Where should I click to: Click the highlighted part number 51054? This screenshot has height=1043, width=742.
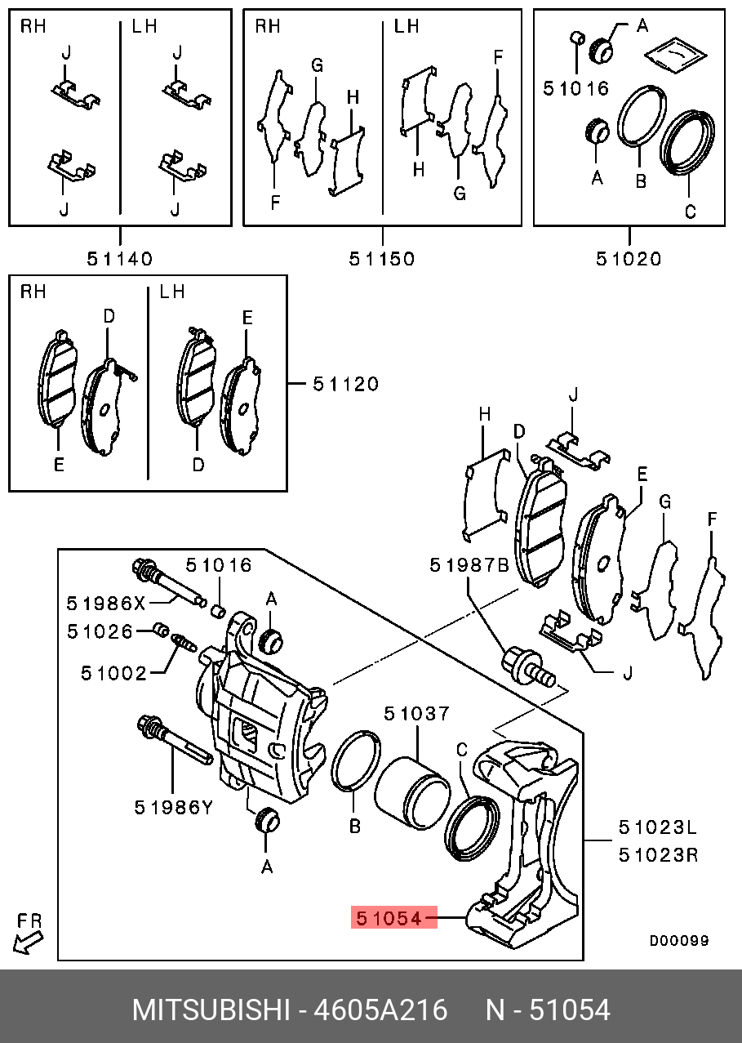click(x=389, y=918)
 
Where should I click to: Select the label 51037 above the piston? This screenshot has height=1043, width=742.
click(x=416, y=713)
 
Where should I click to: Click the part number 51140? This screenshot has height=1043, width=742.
click(x=120, y=258)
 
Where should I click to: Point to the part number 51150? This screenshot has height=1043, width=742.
click(x=382, y=258)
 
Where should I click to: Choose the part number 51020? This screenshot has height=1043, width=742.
click(x=629, y=258)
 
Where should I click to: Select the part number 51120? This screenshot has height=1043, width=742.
click(x=346, y=384)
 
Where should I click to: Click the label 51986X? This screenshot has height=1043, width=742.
click(x=106, y=604)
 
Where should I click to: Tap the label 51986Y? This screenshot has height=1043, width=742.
click(x=174, y=807)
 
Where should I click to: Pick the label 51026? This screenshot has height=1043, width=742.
click(x=100, y=631)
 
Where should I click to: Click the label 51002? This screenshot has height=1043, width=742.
click(x=114, y=673)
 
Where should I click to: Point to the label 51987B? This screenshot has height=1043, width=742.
click(x=469, y=565)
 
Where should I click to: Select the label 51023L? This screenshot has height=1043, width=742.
click(x=658, y=827)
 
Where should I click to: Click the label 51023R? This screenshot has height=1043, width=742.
click(x=658, y=855)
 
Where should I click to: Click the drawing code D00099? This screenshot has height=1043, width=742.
click(x=679, y=941)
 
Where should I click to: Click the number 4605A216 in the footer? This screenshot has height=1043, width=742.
click(x=380, y=1010)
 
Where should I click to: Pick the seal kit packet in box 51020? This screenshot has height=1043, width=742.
click(x=676, y=55)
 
